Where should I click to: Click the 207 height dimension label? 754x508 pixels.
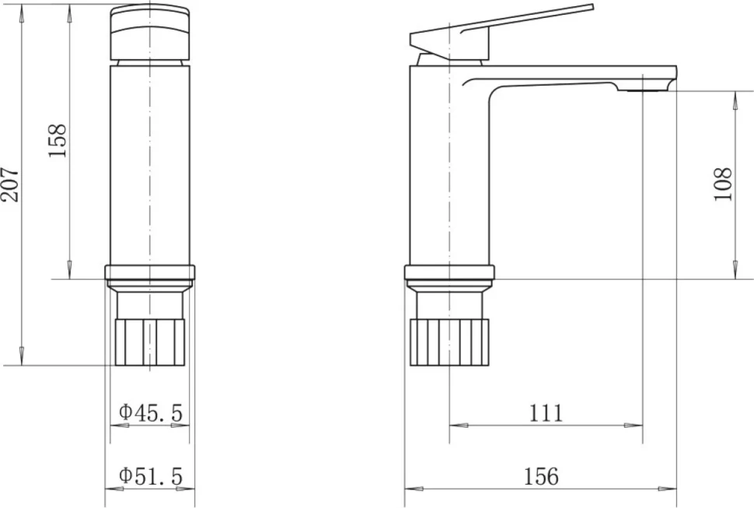(10, 184)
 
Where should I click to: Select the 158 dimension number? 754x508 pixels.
(58, 141)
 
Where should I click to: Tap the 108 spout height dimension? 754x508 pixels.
(722, 184)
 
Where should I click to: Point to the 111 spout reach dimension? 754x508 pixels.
(546, 413)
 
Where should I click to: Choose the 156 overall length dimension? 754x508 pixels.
(541, 476)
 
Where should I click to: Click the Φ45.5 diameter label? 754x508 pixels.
(151, 412)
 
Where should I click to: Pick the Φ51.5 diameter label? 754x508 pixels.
(151, 476)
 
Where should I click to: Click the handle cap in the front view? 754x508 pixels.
(150, 32)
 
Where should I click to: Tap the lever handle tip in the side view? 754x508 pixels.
(592, 7)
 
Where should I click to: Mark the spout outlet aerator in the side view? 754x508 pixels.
(642, 90)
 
